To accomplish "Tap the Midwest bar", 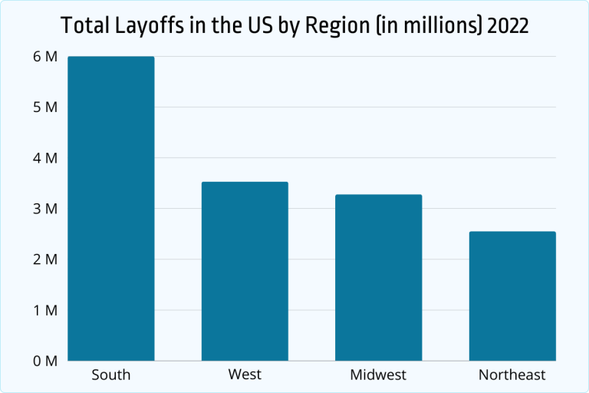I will [378, 277].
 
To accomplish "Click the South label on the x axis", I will [111, 375].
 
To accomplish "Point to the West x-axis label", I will [245, 375].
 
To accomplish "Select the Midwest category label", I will [378, 375].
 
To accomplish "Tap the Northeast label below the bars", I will [512, 375].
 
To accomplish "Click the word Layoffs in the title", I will [141, 26].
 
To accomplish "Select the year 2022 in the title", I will [505, 26].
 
